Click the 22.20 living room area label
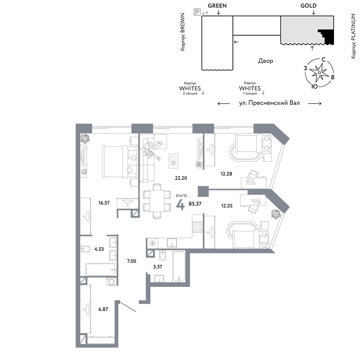tap(181, 178)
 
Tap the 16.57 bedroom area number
tap(104, 203)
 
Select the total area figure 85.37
tap(195, 204)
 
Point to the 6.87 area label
tap(103, 309)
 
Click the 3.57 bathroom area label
tap(158, 267)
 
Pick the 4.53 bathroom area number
tap(99, 249)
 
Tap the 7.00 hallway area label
tap(131, 261)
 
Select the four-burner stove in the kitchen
tap(197, 227)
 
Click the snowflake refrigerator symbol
tap(152, 243)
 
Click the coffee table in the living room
tap(173, 161)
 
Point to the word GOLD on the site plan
tap(309, 6)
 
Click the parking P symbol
tap(197, 12)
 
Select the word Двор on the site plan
tap(266, 61)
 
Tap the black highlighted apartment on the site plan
tap(327, 36)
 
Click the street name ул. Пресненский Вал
tap(269, 103)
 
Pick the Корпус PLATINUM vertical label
tap(354, 36)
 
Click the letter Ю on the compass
tap(315, 86)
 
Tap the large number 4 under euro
tap(180, 205)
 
